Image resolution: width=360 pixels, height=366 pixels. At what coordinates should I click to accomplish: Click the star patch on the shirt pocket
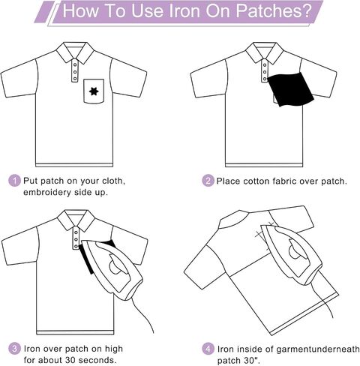pos(94,91)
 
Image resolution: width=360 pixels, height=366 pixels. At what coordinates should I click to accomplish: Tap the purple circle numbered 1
pos(14,181)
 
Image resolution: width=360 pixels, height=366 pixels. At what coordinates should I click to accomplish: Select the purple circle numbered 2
pos(208,181)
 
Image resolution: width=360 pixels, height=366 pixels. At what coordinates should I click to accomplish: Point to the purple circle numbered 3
pos(14,349)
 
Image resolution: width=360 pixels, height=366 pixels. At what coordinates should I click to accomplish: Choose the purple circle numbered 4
pos(208,349)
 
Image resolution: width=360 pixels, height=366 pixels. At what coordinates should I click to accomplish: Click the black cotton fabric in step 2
pos(291,89)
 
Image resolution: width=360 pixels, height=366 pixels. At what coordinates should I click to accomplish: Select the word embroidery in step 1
pos(47,192)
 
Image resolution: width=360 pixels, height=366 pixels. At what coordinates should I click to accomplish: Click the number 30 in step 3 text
pos(70,360)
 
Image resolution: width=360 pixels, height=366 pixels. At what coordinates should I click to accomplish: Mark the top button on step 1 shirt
pos(75,64)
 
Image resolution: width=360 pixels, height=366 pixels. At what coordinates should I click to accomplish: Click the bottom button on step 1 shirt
pos(75,79)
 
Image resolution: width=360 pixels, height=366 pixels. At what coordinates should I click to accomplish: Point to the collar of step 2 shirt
pos(265,52)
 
